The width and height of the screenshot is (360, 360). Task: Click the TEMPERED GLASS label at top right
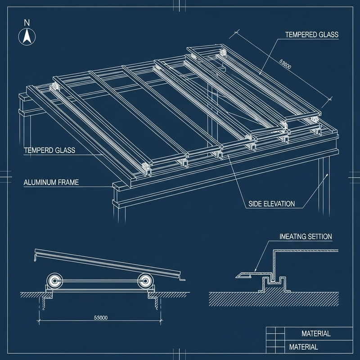point(311,35)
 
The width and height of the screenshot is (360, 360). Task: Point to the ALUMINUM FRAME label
point(51,183)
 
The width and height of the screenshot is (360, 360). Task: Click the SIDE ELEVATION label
point(271,204)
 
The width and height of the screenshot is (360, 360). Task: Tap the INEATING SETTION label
point(306,237)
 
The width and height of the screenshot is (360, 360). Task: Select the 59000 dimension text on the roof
point(285,66)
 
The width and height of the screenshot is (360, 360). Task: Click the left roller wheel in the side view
point(54,282)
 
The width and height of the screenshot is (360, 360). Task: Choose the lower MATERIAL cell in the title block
point(303,347)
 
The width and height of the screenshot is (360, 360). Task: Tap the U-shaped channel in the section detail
point(271,283)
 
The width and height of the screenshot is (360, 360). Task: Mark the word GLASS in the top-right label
point(328,35)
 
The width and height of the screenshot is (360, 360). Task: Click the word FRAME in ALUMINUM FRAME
point(68,183)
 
